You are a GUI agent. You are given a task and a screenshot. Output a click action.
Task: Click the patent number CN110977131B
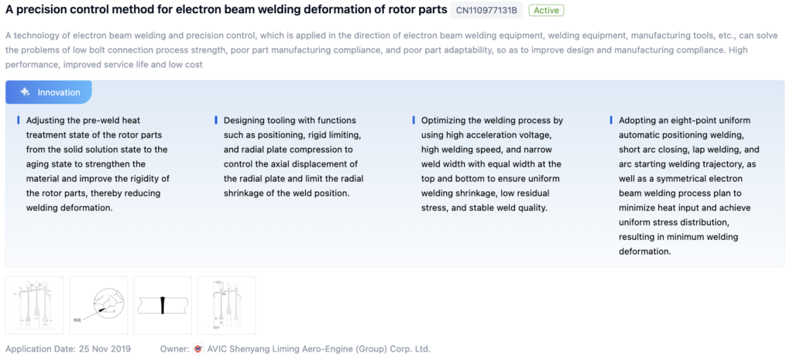click(x=486, y=10)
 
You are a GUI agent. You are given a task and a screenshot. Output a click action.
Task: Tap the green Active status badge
click(x=546, y=10)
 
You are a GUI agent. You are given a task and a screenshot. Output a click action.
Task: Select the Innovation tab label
click(x=59, y=93)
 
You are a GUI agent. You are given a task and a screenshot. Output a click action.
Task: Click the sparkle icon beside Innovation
click(x=25, y=92)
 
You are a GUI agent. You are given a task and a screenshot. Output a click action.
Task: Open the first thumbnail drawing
click(x=34, y=305)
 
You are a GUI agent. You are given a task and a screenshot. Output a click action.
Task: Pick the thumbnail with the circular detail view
click(x=98, y=305)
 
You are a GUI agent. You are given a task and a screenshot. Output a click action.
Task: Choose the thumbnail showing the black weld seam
click(x=163, y=305)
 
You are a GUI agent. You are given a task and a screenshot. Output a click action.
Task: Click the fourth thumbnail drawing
click(x=227, y=305)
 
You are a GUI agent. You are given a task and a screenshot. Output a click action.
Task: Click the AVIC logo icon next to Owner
click(x=198, y=349)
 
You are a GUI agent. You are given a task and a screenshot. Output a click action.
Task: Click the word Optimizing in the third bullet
click(x=442, y=121)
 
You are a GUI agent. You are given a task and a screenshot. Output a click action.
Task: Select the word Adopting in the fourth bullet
click(x=637, y=121)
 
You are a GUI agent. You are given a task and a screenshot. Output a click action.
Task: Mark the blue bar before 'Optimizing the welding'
click(x=414, y=120)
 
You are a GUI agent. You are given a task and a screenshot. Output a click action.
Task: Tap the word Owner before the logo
click(x=174, y=349)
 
